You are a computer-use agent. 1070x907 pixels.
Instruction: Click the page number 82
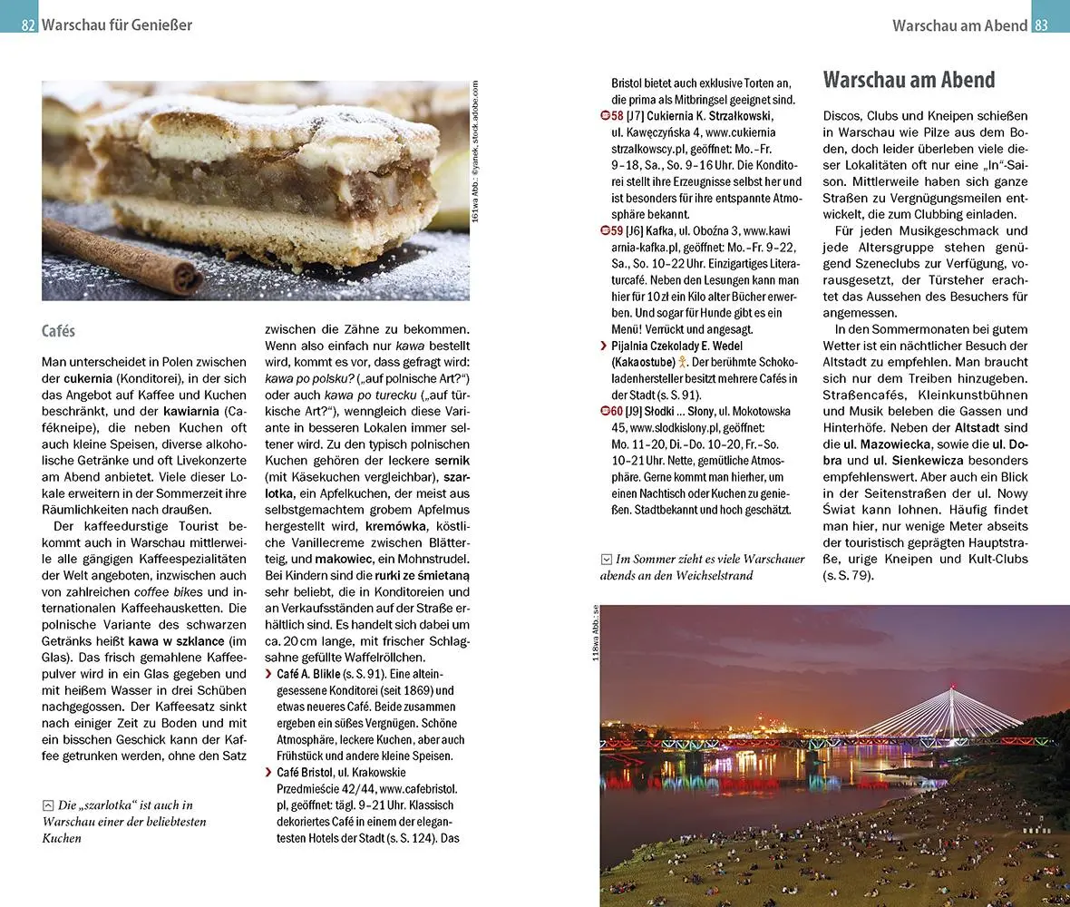coord(28,25)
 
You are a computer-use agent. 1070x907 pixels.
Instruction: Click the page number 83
coord(1041,25)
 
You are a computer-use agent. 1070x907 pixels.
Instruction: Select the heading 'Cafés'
coord(58,332)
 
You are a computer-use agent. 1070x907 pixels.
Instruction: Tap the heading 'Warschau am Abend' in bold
coord(909,80)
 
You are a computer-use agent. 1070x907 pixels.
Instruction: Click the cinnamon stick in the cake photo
coord(122,258)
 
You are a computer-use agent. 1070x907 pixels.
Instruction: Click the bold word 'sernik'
coord(452,461)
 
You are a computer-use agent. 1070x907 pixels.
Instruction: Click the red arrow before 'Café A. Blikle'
coord(268,674)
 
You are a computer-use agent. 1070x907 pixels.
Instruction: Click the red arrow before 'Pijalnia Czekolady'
coord(604,346)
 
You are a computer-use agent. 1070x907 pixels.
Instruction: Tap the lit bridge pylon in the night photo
coord(951,703)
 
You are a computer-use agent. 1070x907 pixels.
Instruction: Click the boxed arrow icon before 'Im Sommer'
coord(607,559)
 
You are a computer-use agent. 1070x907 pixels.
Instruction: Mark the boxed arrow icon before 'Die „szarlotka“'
coord(48,805)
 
